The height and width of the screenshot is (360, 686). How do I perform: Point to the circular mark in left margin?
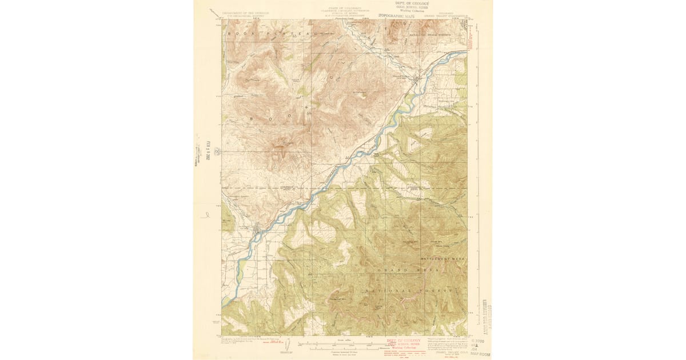pos(217,151)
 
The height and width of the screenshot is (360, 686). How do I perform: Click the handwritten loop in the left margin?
pos(205,216)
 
